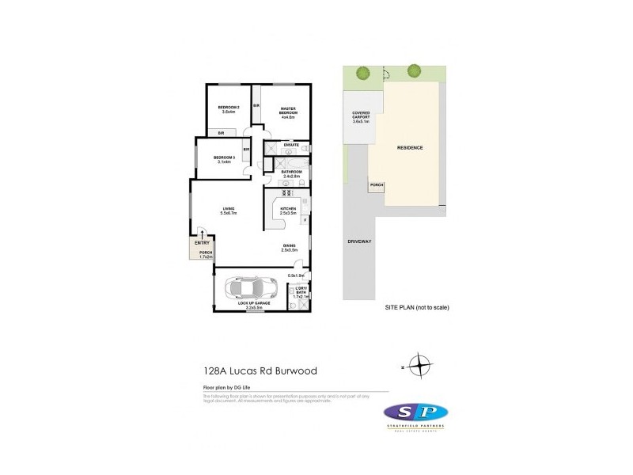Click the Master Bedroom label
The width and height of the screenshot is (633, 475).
coord(288,112)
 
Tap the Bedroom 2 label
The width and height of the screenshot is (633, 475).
coord(229,109)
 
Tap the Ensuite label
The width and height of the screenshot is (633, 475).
coord(291,144)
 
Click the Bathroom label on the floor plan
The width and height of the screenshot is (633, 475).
coord(290,173)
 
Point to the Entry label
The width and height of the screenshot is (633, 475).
coord(203,243)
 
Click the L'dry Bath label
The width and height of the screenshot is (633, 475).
coord(300,294)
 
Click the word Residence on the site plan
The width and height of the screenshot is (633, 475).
coord(410,148)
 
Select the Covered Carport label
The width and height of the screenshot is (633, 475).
coord(361,117)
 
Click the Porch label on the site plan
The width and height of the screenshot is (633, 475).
coord(377,185)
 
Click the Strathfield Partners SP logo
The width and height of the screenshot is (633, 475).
coord(415,415)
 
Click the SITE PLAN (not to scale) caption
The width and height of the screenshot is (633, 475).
coord(417,306)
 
